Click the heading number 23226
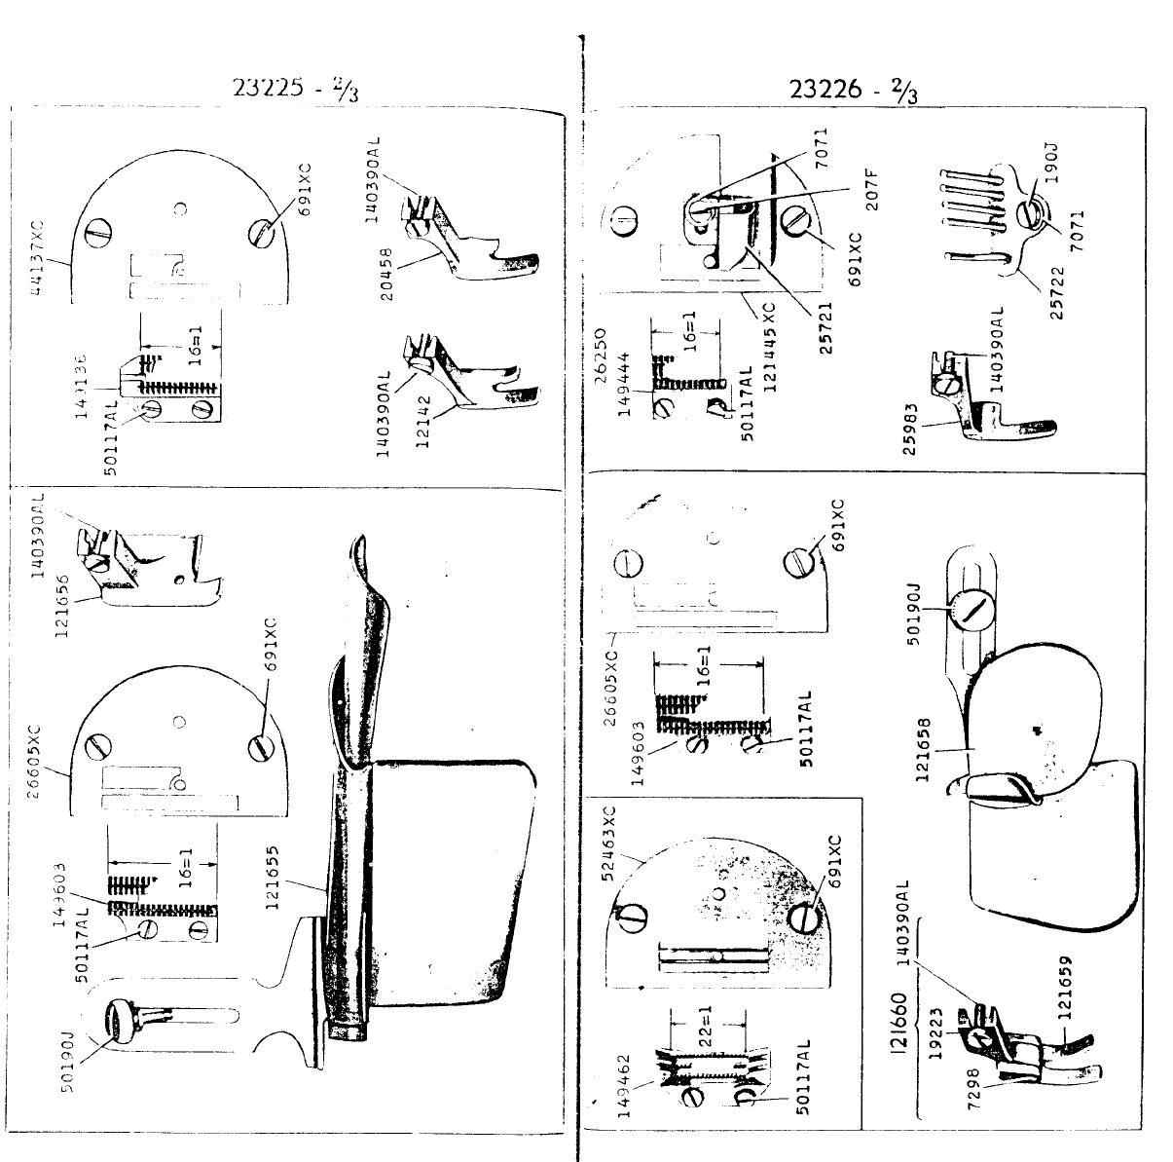(x=826, y=89)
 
